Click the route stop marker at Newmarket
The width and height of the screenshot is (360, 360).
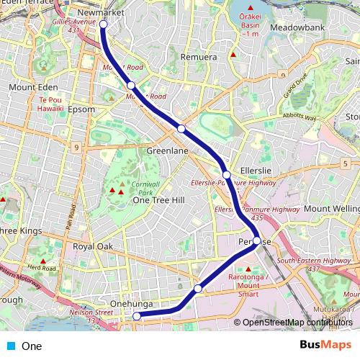coord(103,24)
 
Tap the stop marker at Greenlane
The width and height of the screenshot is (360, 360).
coord(181,129)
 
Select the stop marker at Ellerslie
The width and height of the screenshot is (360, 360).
coord(227,175)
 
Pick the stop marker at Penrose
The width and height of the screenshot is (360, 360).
coord(257,241)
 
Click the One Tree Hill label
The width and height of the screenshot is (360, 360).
coord(160,200)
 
